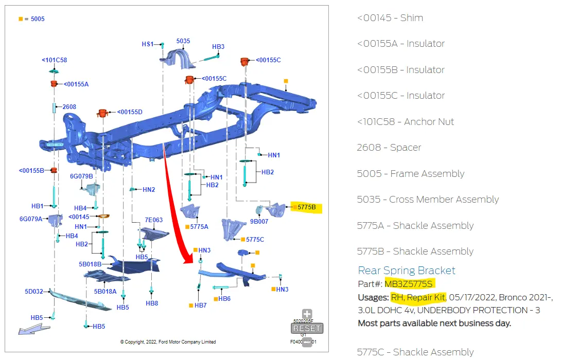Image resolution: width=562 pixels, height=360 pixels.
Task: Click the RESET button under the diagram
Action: [x=307, y=328]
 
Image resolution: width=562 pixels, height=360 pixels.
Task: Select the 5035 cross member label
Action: [x=183, y=41]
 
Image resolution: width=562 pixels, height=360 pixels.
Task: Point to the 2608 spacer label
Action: [x=69, y=107]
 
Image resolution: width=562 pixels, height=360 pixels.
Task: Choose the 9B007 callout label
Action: [x=259, y=222]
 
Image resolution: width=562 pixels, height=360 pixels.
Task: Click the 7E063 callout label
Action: [x=153, y=220]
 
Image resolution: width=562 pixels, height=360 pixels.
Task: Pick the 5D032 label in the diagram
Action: [x=33, y=292]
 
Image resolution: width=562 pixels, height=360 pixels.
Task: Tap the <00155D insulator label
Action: [x=130, y=112]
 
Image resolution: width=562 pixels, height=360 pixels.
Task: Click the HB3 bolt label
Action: [x=218, y=47]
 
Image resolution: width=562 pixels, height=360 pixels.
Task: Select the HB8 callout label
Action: [x=152, y=303]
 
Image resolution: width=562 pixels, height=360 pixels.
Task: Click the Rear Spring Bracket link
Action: [x=407, y=271]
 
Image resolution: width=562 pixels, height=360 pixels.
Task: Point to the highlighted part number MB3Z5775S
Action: [x=409, y=284]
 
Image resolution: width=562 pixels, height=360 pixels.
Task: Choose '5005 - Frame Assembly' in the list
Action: [x=410, y=174]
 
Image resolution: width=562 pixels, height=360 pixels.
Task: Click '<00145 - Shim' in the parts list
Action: [x=390, y=18]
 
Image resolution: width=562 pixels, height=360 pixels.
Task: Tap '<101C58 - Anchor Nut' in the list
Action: [x=405, y=122]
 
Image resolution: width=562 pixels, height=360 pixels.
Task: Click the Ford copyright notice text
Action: [x=168, y=342]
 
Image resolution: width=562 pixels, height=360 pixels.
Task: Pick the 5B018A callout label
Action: [x=105, y=292]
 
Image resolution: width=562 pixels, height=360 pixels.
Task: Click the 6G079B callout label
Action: [x=81, y=176]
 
